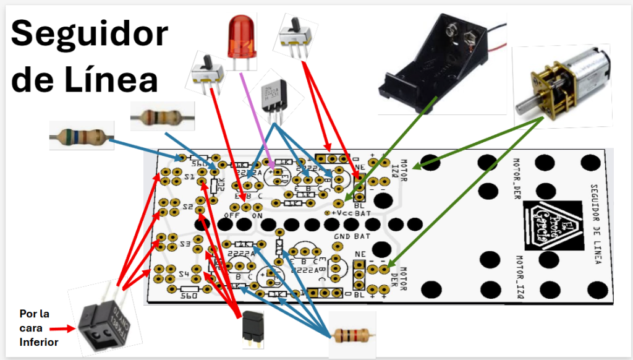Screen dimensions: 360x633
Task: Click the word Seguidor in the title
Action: coord(90,33)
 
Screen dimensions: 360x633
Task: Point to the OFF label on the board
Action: coord(232,215)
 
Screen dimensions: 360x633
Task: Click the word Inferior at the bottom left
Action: coord(38,342)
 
